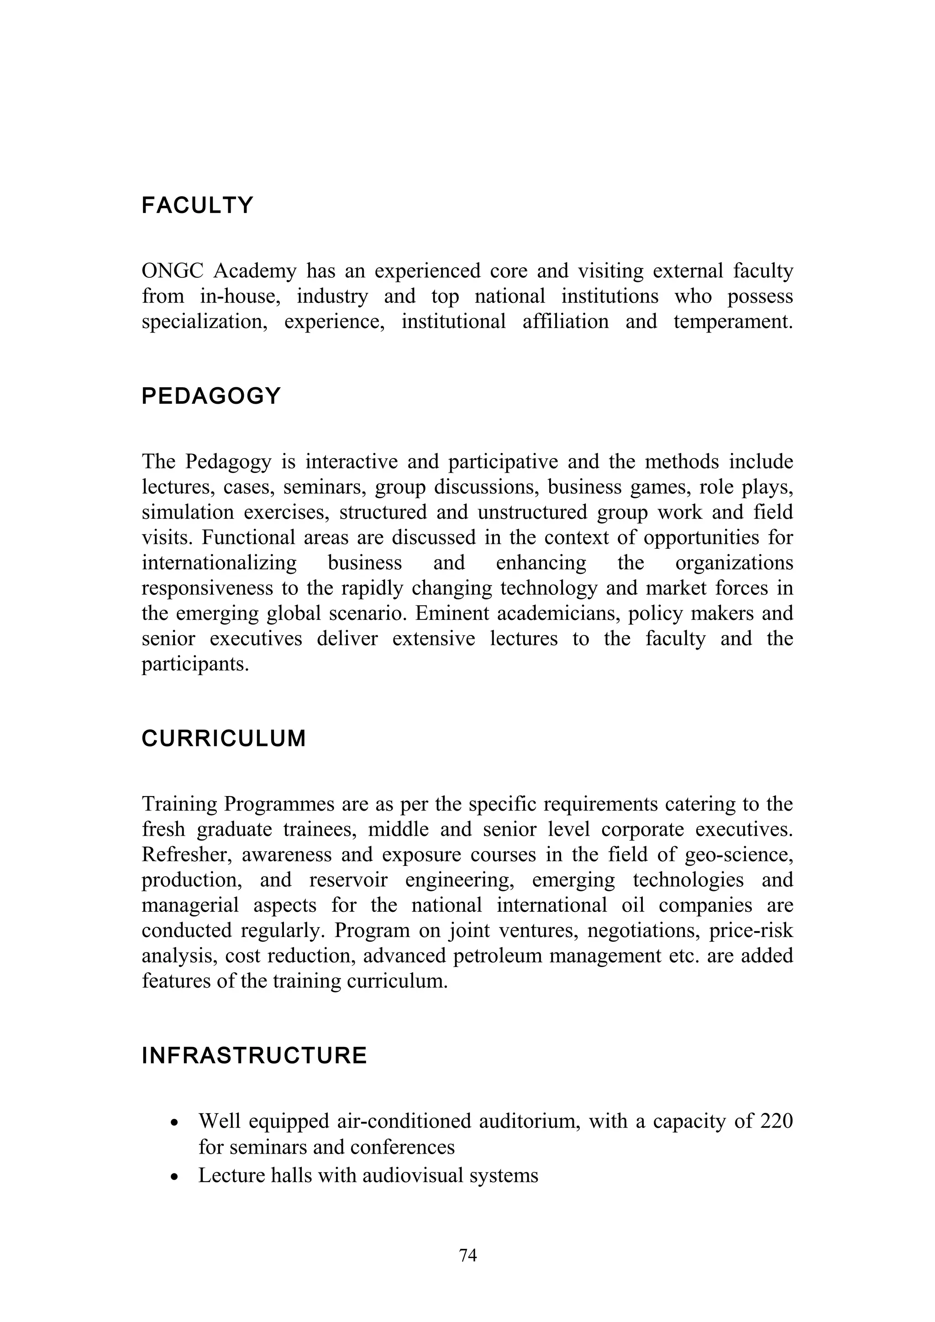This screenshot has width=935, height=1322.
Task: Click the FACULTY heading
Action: [x=197, y=206]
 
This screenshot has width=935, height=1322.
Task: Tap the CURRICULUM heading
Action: [x=224, y=739]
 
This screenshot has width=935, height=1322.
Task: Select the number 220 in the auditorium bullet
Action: [x=776, y=1121]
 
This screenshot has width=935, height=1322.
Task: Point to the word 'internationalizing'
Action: [x=219, y=562]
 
